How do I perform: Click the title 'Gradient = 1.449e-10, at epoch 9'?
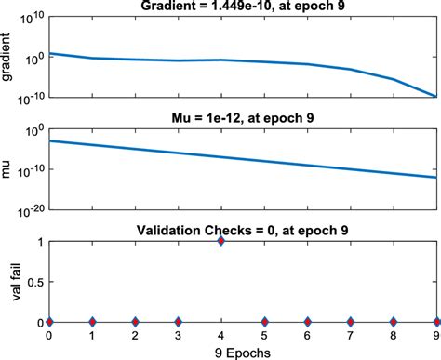(x=243, y=7)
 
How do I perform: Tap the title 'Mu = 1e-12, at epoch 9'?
(x=243, y=118)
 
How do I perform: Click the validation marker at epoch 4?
(x=220, y=241)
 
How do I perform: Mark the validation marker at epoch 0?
(x=48, y=322)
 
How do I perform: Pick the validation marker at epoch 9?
(x=436, y=322)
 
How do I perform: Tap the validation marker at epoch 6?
(x=307, y=322)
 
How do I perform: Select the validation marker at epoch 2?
(x=135, y=322)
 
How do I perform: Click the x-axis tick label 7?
(x=350, y=335)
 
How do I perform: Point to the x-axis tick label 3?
(x=178, y=335)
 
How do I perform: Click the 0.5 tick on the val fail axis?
(x=34, y=282)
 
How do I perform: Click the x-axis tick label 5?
(x=264, y=335)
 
